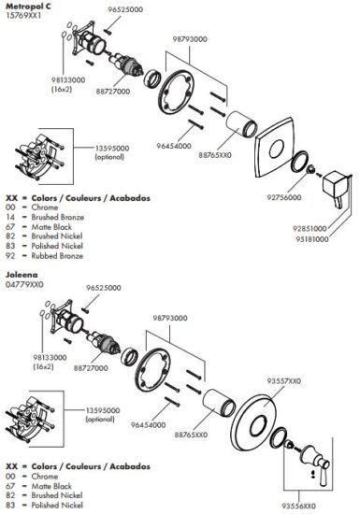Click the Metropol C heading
point(28,7)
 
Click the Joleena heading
point(22,275)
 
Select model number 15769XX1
point(23,15)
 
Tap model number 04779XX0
point(24,284)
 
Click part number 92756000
point(284,197)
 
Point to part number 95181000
point(311,239)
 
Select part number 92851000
point(310,228)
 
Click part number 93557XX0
point(283,381)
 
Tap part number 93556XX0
point(298,507)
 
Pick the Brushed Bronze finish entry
point(58,217)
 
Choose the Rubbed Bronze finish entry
point(57,256)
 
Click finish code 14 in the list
point(10,217)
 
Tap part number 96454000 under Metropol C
point(173,146)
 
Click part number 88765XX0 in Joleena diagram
point(191,435)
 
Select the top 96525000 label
point(125,9)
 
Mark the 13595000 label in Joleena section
point(103,410)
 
